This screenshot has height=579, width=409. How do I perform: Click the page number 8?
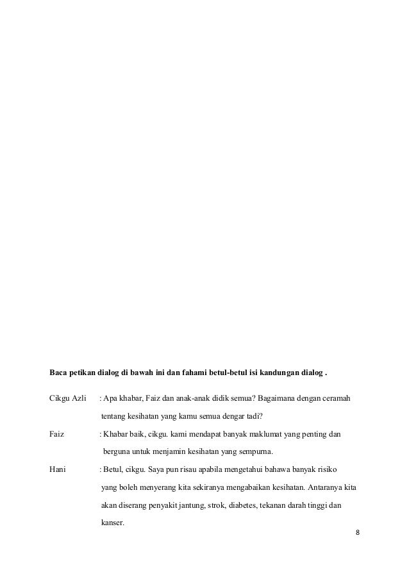[358, 532]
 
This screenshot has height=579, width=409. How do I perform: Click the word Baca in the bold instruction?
[60, 373]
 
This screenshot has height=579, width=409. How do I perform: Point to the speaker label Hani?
[58, 470]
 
